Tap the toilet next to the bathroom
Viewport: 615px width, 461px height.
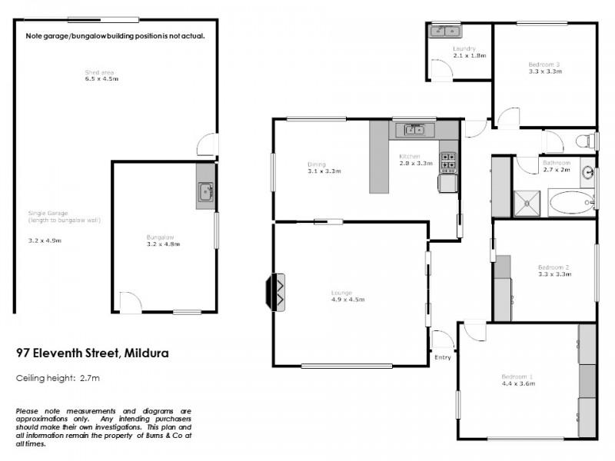586,141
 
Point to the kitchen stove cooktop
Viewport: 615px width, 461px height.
448,161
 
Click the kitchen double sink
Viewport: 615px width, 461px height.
414,130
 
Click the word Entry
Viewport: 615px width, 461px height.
443,357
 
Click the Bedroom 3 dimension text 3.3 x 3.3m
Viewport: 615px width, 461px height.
545,71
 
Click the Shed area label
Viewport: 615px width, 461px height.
100,72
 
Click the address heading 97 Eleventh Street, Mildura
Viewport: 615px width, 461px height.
93,353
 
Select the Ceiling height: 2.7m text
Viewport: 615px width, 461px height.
58,378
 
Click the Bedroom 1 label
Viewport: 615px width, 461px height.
517,376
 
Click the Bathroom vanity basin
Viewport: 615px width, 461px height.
588,172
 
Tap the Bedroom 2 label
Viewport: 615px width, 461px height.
553,267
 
